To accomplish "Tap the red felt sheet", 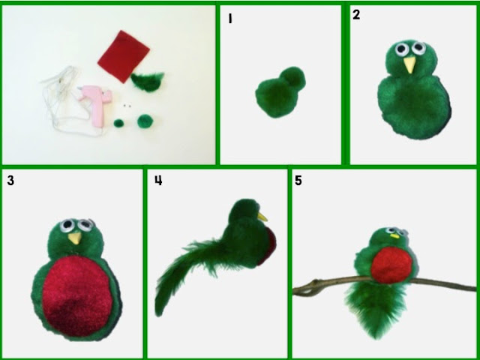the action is point(124,56).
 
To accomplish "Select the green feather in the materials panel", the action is point(148,82).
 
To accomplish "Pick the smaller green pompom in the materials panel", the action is point(118,123).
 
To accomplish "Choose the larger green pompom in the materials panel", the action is point(144,121).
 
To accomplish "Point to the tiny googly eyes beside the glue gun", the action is point(127,106).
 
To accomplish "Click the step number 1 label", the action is point(230,19).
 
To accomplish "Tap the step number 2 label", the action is point(356,15).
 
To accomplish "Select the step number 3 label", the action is point(10,181).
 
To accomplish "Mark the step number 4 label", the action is point(158,180).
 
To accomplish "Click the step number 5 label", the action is point(298,181).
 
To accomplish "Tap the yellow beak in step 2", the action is point(409,65).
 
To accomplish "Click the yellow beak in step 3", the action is point(75,238).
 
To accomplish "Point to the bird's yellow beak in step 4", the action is point(262,217).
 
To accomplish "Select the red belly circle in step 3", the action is point(77,295).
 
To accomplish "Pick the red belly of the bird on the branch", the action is point(391,265).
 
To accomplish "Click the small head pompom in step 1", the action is point(292,77).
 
